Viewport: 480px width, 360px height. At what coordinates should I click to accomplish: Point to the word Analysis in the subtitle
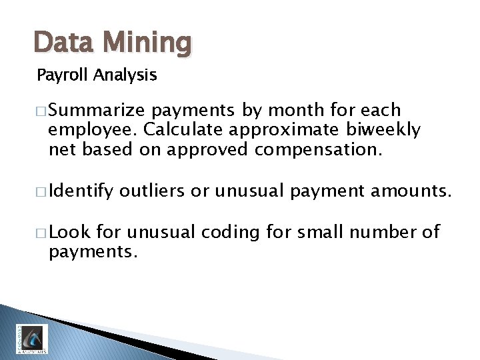(x=125, y=75)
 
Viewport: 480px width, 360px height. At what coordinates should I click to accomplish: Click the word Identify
(x=81, y=193)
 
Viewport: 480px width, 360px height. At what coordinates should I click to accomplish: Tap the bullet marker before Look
(x=41, y=233)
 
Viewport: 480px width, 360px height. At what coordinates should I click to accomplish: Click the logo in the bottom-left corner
(x=31, y=339)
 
